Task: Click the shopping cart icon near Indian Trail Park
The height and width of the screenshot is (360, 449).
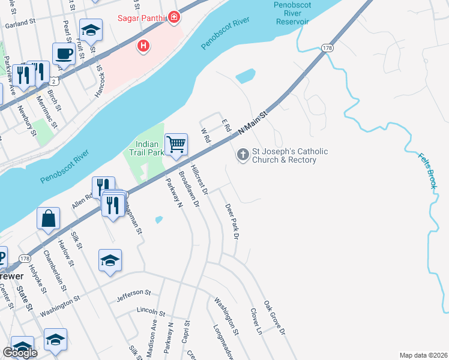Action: pos(176,145)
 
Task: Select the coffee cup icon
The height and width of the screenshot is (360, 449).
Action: pos(64,54)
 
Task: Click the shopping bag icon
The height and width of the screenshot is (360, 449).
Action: pos(48,219)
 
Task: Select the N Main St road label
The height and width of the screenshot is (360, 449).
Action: pos(252,122)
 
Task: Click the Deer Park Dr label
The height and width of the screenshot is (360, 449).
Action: pos(232,222)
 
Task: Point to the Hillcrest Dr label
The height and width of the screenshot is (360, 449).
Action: pos(199,179)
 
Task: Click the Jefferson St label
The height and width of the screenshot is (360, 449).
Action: pos(134,293)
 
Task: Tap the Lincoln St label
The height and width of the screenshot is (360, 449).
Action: pos(151,313)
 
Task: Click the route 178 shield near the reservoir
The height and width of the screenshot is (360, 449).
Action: pos(327,47)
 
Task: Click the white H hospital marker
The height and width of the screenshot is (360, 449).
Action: pos(143,45)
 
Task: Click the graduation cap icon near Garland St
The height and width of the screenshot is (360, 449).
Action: pos(91,30)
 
